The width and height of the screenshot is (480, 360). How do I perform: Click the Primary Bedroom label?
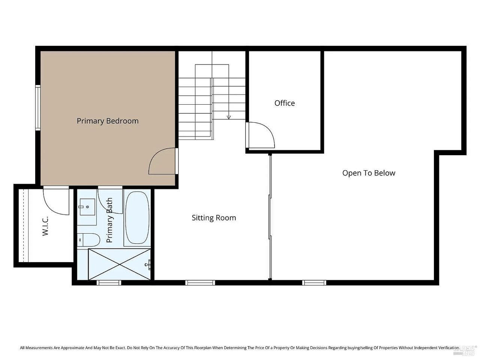pos(107,121)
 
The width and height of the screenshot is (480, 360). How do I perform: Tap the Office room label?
pos(284,103)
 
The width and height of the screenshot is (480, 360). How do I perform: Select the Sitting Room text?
pos(214,218)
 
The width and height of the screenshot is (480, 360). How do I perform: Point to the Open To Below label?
pos(369,173)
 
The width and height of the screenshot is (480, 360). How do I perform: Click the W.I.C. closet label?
pos(45,226)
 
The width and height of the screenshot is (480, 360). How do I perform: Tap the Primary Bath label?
pos(109,220)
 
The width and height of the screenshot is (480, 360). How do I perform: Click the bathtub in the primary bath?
pos(137,218)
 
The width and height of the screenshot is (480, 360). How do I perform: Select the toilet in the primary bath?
pos(88,240)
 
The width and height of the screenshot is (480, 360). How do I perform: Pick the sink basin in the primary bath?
pos(87,207)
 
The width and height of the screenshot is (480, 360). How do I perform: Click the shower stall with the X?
pos(119,264)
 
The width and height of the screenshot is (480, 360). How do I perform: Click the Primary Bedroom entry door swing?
pos(162,161)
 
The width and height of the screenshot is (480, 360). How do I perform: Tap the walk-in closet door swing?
pos(56,201)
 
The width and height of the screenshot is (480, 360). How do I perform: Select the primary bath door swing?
pos(110,201)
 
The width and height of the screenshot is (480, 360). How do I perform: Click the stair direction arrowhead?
pos(228,117)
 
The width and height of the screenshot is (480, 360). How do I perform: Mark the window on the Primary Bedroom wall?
pos(38,108)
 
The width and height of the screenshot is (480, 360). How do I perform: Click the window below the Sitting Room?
pos(200,283)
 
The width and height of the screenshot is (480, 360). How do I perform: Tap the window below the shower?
pos(109,283)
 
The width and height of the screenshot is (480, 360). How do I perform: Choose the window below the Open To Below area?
pos(314,283)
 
